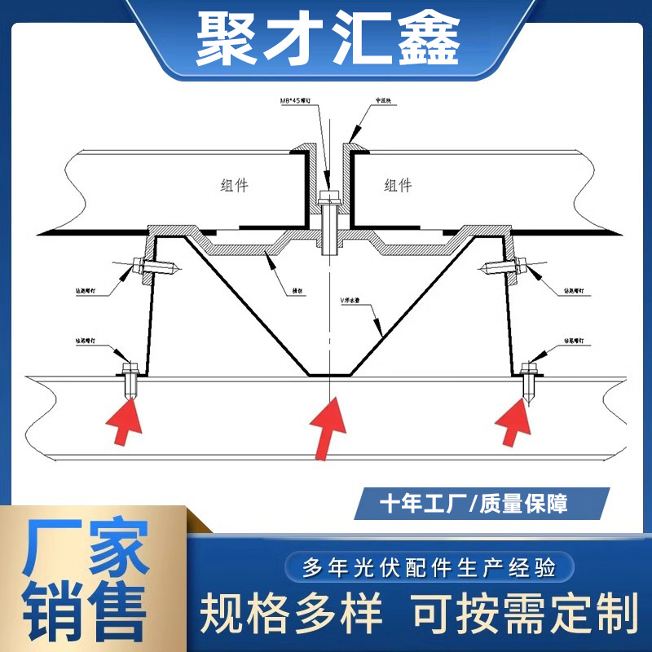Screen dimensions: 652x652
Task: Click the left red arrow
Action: pos(126,421)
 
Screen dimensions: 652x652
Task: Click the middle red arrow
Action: pos(328,425)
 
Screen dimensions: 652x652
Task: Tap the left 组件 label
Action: pos(235,186)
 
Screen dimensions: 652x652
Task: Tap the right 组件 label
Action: pos(398,186)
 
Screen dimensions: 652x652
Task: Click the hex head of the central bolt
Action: pos(329,198)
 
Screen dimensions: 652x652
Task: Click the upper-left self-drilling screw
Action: pos(155,267)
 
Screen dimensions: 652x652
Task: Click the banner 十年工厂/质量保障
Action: pos(474,504)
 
